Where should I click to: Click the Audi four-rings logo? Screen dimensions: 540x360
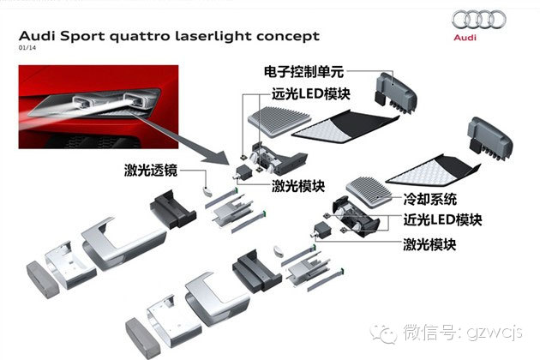[x=478, y=20]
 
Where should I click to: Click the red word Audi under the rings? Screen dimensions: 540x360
[x=465, y=37]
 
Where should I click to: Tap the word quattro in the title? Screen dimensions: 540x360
[x=140, y=37]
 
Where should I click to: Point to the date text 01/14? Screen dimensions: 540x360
[x=27, y=47]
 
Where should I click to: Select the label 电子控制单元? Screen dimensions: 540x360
[x=303, y=72]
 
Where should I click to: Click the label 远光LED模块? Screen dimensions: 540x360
[x=311, y=94]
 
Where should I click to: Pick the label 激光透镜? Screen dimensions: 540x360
[x=151, y=171]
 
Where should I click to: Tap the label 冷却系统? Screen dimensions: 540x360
[x=429, y=199]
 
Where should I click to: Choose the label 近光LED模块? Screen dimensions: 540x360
[x=442, y=219]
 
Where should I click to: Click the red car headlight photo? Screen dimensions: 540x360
[x=99, y=107]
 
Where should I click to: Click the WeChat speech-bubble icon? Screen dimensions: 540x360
[x=383, y=333]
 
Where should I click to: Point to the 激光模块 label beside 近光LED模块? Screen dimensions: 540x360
[x=429, y=244]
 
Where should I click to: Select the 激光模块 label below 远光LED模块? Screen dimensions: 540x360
[x=298, y=186]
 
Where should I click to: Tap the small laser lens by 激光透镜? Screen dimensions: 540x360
[x=207, y=191]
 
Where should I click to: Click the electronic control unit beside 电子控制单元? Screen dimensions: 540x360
[x=396, y=93]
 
